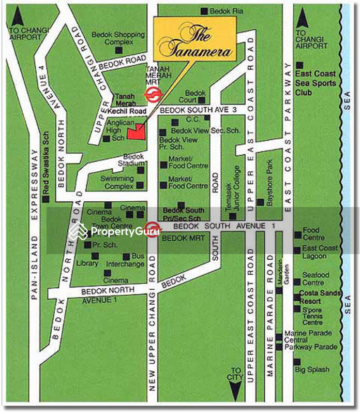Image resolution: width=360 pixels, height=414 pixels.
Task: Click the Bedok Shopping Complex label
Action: coord(118,38)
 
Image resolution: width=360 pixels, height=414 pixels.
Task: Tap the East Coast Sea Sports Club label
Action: coord(316,83)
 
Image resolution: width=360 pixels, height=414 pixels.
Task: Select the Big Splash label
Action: coord(312,370)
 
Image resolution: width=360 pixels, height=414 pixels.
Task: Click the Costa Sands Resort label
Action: coord(320,297)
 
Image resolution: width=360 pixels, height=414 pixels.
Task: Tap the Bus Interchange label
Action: coord(125,260)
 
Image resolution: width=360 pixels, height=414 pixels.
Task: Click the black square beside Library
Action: coord(95,256)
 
